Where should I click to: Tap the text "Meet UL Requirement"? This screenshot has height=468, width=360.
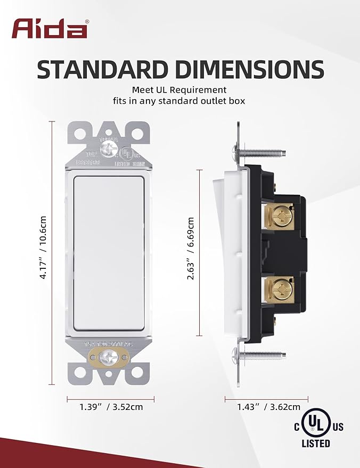click(x=179, y=90)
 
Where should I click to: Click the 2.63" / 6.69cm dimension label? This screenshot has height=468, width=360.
click(x=190, y=252)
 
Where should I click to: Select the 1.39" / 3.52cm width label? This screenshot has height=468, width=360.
click(x=111, y=407)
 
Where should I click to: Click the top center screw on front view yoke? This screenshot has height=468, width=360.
click(x=111, y=151)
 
